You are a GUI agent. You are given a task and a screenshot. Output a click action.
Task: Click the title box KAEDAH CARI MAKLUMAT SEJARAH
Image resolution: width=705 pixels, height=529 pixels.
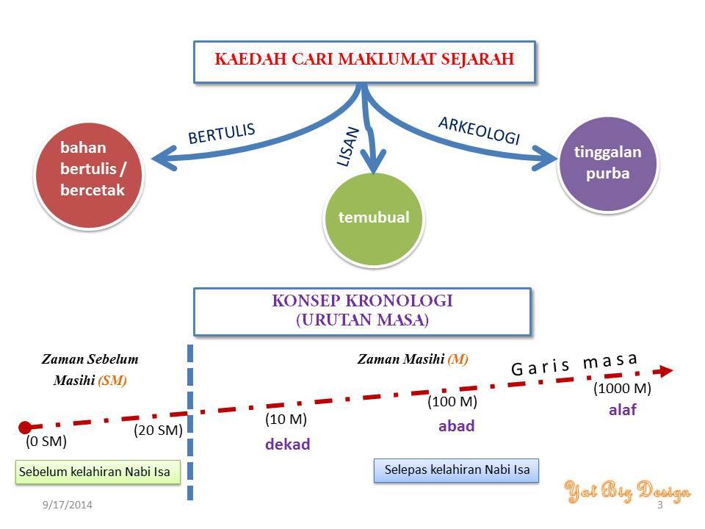[x=365, y=62]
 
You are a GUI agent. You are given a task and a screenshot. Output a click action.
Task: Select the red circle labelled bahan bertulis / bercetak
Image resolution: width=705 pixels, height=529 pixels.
[x=89, y=176]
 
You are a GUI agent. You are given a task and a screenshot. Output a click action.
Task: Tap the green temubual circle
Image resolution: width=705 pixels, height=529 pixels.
[x=374, y=219]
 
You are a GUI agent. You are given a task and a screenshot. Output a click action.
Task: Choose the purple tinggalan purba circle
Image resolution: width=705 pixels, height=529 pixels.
[x=608, y=164]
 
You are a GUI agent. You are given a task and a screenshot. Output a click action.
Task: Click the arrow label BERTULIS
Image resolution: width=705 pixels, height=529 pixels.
[x=222, y=134]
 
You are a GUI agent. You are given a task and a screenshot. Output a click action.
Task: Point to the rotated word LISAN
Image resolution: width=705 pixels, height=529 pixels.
[x=348, y=147]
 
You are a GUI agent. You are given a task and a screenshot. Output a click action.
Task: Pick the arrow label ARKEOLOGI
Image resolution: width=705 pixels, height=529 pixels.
[x=480, y=131]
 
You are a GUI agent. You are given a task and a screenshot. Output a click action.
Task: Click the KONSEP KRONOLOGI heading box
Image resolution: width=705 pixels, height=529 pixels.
[x=362, y=312]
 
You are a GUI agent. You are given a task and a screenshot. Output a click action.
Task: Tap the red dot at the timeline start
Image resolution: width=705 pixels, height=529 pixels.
[x=25, y=427]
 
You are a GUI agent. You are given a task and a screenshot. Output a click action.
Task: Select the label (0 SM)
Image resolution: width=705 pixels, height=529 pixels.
[x=46, y=441]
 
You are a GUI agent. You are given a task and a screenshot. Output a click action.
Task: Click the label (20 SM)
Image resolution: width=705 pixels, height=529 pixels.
[x=159, y=430]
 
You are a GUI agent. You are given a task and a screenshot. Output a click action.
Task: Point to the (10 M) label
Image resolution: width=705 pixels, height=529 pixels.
[x=286, y=419]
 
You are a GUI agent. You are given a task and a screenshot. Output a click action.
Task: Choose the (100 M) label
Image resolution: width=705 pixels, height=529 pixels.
[x=452, y=401]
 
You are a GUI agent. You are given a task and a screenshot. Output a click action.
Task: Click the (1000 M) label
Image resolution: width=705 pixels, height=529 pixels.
[x=622, y=388]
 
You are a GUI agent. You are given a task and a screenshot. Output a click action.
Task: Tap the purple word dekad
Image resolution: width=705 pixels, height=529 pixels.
[x=288, y=444]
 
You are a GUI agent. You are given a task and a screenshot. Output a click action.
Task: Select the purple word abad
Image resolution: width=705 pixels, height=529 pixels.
[x=456, y=425]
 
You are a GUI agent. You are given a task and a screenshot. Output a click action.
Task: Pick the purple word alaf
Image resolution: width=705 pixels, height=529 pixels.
[x=623, y=409]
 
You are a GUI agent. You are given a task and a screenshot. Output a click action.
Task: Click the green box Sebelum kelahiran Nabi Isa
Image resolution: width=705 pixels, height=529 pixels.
[x=98, y=472]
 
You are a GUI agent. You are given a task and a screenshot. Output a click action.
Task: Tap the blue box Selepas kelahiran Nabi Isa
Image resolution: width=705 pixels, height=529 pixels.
[x=456, y=470]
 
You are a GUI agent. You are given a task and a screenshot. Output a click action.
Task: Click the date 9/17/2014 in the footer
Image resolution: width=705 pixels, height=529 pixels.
[x=68, y=505]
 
